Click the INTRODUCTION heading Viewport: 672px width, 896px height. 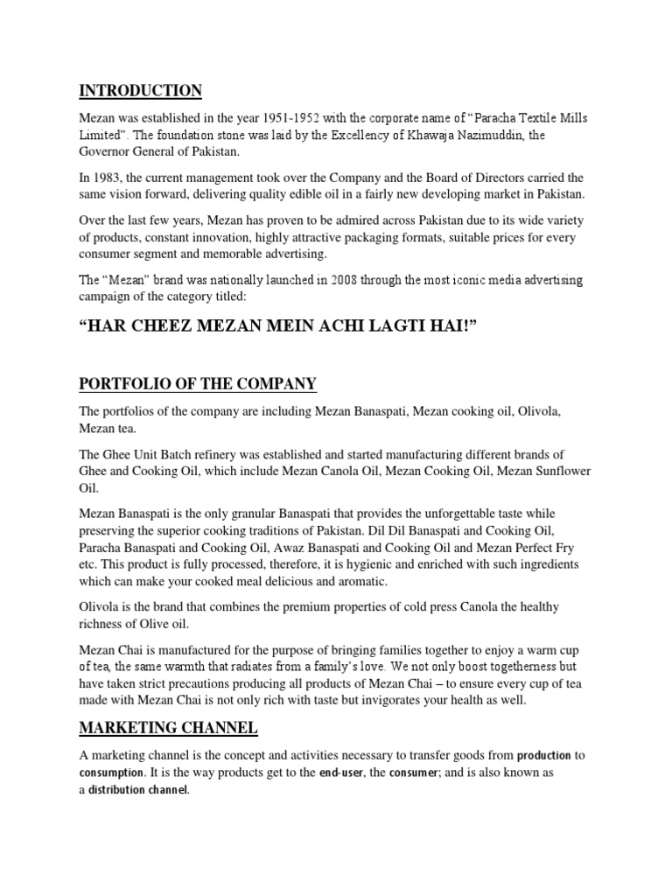tap(141, 91)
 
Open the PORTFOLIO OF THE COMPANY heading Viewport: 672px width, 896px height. tap(198, 384)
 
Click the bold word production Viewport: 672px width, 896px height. tap(543, 755)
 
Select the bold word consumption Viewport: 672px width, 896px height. tap(112, 773)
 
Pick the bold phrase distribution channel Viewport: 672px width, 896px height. tap(138, 790)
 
